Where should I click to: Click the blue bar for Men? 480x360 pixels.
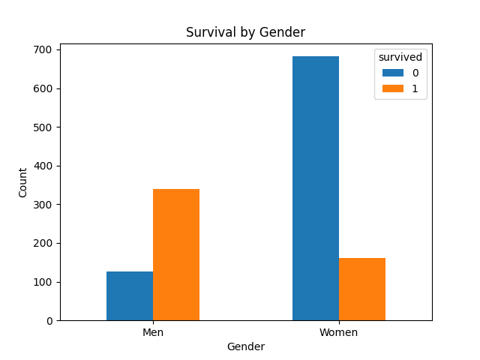130,296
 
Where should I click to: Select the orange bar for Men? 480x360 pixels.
176,255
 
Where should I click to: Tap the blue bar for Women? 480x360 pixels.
316,188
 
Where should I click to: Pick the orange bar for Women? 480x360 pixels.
362,289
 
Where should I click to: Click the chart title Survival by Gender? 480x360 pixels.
246,33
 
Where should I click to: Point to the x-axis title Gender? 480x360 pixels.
246,346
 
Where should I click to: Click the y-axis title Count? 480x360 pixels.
22,182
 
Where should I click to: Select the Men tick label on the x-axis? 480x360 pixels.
153,332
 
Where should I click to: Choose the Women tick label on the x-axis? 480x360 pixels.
339,332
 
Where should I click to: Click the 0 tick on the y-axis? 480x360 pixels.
49,321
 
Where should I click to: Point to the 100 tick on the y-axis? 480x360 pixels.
44,282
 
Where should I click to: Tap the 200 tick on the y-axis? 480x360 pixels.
44,243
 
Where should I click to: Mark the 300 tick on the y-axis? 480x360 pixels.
44,205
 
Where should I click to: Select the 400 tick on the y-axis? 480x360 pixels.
44,166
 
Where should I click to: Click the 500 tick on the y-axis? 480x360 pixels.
44,127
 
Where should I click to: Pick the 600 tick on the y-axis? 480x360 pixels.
44,88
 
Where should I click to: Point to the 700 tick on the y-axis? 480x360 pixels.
44,49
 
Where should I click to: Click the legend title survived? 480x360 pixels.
400,57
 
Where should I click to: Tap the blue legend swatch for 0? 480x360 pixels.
392,73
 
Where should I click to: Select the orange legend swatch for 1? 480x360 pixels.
392,88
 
